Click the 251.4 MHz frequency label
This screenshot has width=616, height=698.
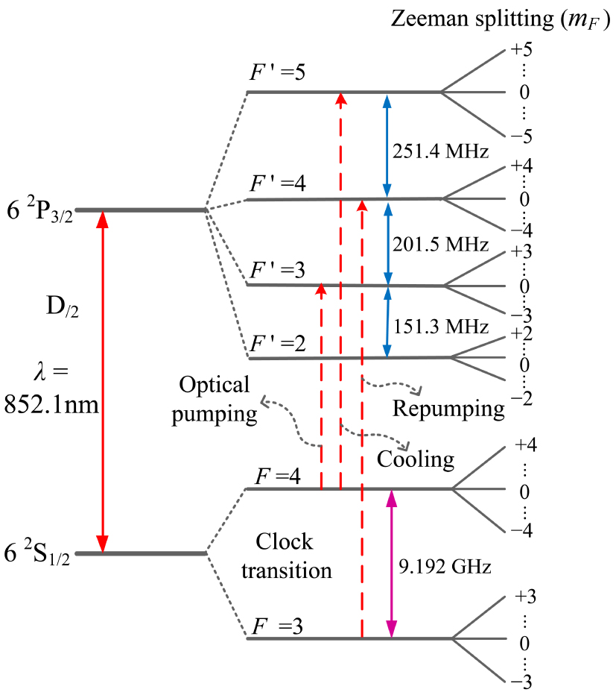[x=440, y=152]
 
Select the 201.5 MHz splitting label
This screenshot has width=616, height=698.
[x=440, y=245]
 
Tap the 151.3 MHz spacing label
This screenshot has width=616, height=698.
[x=440, y=327]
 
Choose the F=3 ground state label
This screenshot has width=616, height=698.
[x=276, y=624]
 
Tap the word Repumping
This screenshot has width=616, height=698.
[x=448, y=409]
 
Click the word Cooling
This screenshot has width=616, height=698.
[x=416, y=459]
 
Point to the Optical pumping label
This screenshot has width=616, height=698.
[x=215, y=400]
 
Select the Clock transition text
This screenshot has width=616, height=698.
[x=293, y=556]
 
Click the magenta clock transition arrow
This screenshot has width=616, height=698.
[x=391, y=564]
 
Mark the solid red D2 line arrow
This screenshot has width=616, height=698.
[x=104, y=381]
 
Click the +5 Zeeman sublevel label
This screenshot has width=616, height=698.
[x=524, y=51]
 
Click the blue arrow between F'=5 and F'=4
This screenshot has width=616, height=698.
[x=386, y=145]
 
